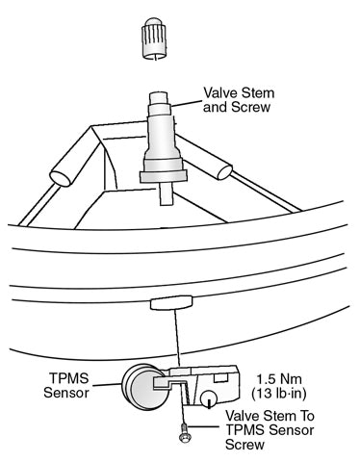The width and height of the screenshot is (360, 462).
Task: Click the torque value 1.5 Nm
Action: tap(287, 378)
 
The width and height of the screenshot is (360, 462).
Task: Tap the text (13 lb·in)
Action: tap(288, 394)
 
